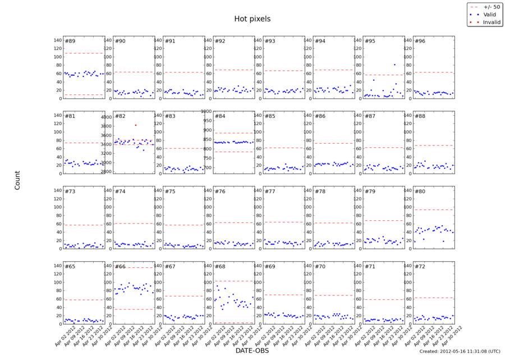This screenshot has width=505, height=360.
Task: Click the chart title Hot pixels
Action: [252, 19]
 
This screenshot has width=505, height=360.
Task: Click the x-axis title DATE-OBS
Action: [252, 350]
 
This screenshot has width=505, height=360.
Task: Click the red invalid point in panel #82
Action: [135, 125]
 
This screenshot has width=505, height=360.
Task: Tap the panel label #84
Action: [219, 116]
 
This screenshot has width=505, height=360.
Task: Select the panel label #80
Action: [419, 192]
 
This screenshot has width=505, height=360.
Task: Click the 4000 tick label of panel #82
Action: [107, 117]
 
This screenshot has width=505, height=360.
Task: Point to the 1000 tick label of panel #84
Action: [205, 111]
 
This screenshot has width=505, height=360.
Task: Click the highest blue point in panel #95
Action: [394, 64]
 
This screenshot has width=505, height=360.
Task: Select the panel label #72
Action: [419, 267]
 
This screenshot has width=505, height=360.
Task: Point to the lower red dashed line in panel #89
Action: [84, 94]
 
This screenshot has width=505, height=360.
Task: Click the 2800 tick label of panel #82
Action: [107, 171]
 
